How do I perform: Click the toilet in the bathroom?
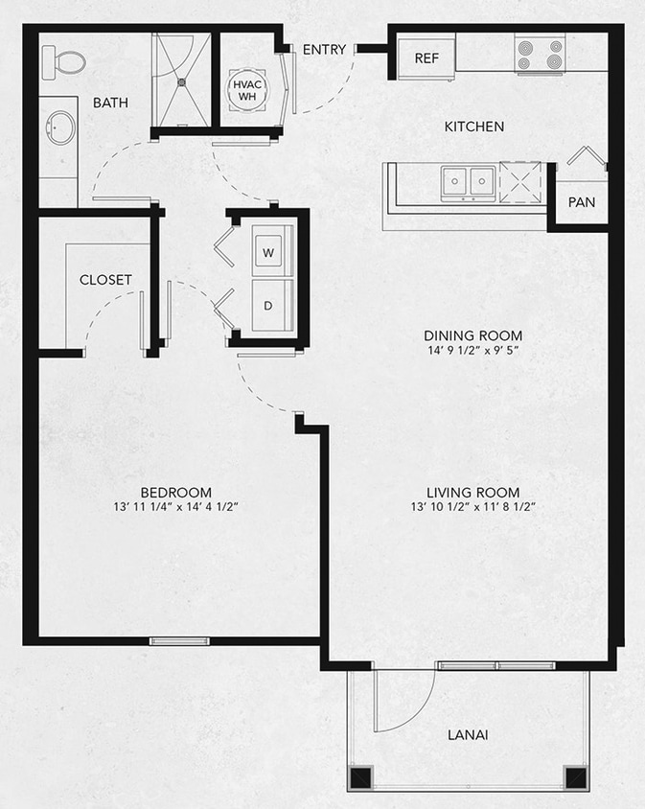pyautogui.click(x=66, y=62)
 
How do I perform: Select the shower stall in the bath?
pyautogui.click(x=181, y=80)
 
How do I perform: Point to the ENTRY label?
pyautogui.click(x=324, y=50)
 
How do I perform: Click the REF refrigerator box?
pyautogui.click(x=426, y=58)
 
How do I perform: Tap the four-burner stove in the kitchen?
pyautogui.click(x=538, y=55)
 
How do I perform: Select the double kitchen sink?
pyautogui.click(x=468, y=180)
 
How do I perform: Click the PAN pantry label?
pyautogui.click(x=581, y=203)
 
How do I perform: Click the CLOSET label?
pyautogui.click(x=105, y=280)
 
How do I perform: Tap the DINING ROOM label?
pyautogui.click(x=472, y=335)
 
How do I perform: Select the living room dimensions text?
pyautogui.click(x=472, y=507)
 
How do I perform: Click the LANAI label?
pyautogui.click(x=468, y=735)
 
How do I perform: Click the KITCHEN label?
pyautogui.click(x=473, y=127)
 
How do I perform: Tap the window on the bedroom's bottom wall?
pyautogui.click(x=180, y=640)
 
